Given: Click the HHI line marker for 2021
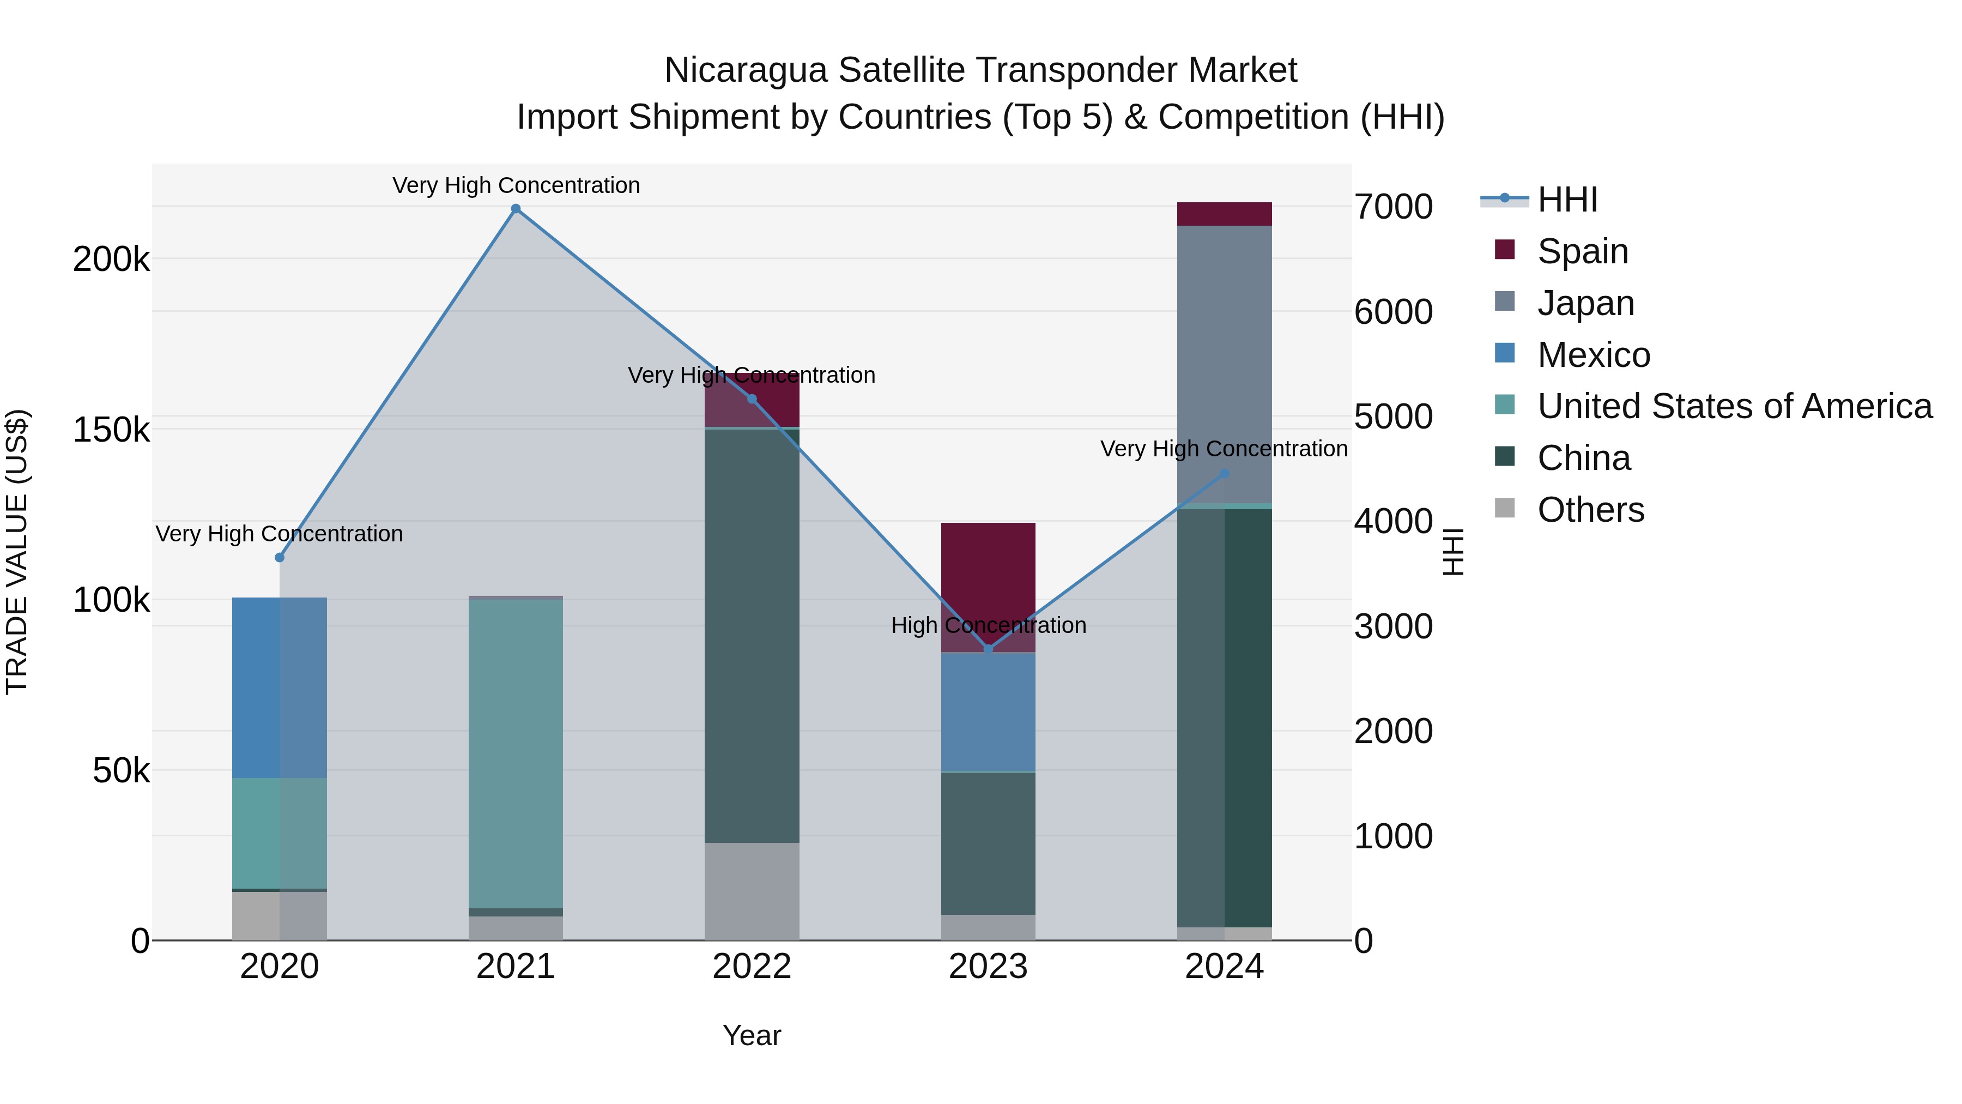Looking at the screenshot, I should click(516, 209).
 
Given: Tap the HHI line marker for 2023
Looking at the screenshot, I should click(989, 649).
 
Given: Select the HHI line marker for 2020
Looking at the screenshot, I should click(280, 558).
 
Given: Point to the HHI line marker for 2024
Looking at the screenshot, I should click(1225, 474).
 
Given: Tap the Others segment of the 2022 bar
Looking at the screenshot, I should click(752, 891).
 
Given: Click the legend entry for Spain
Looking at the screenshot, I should click(1582, 251).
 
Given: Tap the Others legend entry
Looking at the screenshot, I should click(1590, 510).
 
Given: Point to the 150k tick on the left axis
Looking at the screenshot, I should click(111, 430).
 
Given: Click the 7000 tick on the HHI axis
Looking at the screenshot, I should click(1393, 207).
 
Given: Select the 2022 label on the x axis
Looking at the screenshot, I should click(752, 967).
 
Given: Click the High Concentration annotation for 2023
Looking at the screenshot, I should click(989, 625).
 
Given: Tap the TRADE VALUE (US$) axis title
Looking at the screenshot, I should click(17, 552).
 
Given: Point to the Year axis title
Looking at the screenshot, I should click(752, 1035).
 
